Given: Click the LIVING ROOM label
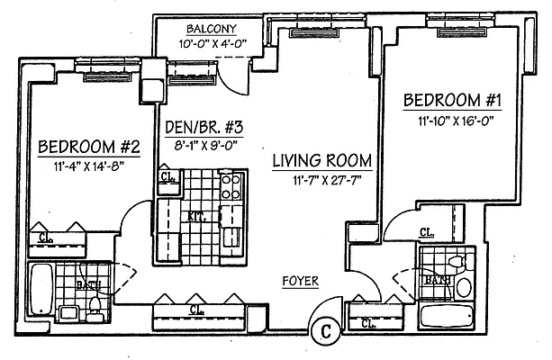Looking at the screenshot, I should (x=322, y=162).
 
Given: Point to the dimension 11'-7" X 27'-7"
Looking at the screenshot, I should (x=322, y=180).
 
